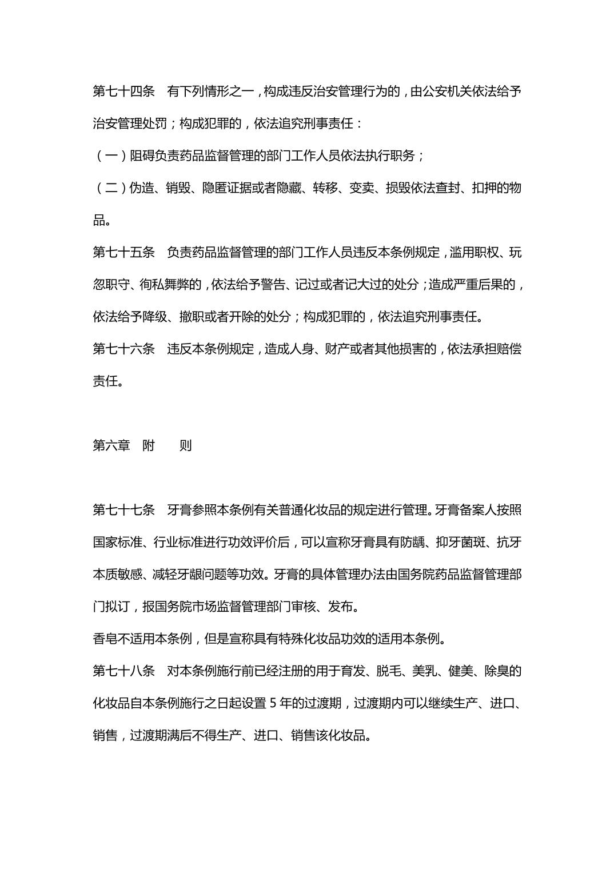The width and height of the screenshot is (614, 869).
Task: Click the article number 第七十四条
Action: click(123, 91)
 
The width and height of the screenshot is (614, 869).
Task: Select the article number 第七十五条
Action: click(123, 252)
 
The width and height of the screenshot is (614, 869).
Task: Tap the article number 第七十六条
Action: click(123, 349)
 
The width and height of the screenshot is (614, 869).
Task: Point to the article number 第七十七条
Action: click(123, 510)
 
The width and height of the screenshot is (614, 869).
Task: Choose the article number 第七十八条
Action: click(123, 671)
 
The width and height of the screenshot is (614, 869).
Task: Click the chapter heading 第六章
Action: click(111, 445)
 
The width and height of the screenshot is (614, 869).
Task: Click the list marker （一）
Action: click(111, 156)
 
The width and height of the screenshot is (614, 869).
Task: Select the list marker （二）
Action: click(111, 188)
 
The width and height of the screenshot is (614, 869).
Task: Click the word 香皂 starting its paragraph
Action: click(105, 639)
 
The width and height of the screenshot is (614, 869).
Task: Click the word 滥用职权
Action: click(474, 252)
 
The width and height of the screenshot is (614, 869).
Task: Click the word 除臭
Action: click(496, 671)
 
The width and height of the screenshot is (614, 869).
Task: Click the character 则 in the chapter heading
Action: click(185, 445)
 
